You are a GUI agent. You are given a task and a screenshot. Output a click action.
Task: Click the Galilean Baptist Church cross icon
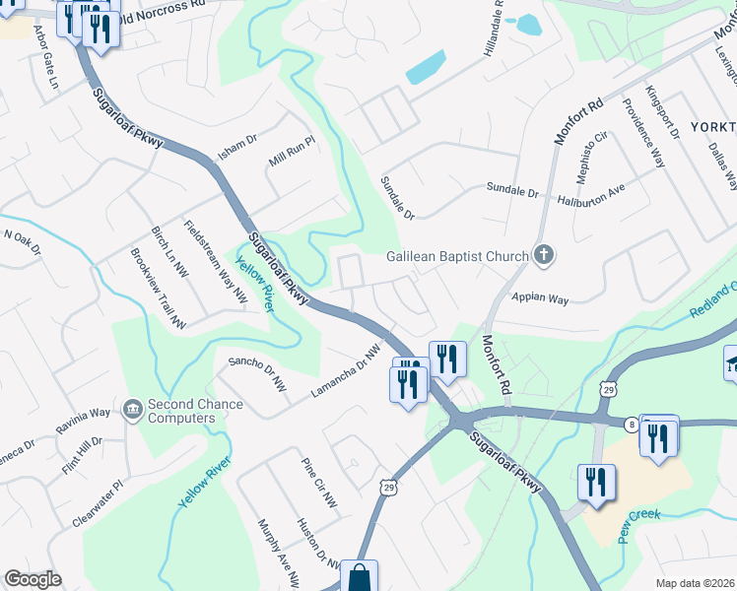(542, 256)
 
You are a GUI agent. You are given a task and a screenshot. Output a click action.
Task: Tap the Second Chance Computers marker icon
(131, 408)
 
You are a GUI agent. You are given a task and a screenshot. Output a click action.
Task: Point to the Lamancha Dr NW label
(346, 371)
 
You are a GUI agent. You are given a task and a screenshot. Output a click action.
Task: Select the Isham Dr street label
(236, 150)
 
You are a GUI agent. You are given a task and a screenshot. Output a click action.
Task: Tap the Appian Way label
(539, 296)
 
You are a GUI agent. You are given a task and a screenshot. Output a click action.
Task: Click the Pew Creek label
(637, 526)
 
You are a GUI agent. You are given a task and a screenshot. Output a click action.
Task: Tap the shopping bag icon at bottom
(359, 577)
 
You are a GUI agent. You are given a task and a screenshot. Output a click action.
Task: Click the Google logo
(33, 579)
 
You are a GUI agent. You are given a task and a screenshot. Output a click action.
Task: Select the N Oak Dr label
(23, 242)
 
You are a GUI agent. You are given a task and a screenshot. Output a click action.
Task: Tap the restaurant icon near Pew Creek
(596, 483)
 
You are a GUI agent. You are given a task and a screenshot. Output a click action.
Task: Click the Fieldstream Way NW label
(215, 263)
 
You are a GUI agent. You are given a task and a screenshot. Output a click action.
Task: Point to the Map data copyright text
(696, 583)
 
